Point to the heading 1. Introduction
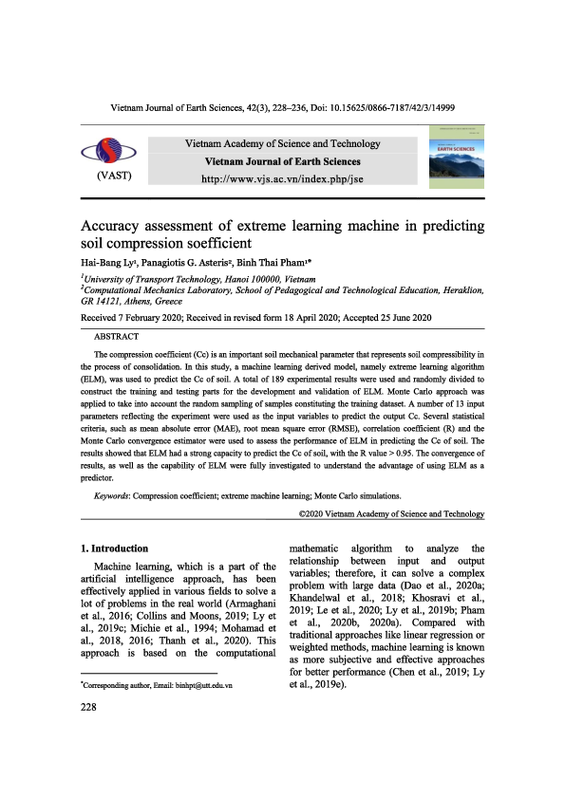tap(114, 548)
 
